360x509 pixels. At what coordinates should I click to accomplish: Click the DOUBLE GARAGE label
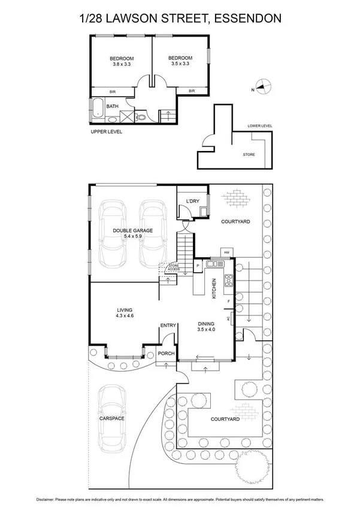click(x=133, y=230)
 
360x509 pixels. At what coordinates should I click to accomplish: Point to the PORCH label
click(x=166, y=354)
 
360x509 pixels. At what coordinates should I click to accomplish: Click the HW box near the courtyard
click(x=227, y=252)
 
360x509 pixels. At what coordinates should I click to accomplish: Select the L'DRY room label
click(x=192, y=200)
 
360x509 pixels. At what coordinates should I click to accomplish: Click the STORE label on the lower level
click(x=248, y=155)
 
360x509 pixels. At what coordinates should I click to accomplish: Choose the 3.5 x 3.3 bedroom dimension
click(x=180, y=65)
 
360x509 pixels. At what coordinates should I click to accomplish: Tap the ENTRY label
click(x=168, y=326)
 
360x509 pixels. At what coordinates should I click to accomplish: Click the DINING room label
click(x=206, y=324)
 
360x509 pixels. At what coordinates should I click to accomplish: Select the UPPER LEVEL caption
click(x=107, y=131)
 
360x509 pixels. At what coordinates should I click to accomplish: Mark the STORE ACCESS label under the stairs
click(x=174, y=267)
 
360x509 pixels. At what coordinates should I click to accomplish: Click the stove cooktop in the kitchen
click(x=228, y=281)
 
